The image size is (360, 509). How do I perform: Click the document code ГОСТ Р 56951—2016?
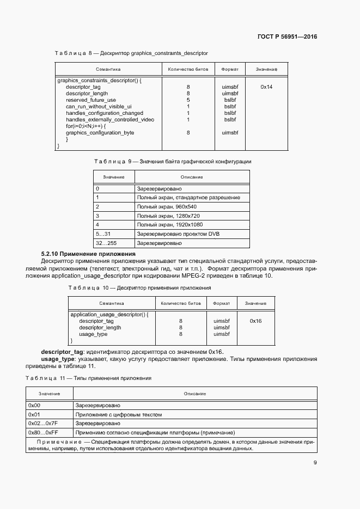point(287,37)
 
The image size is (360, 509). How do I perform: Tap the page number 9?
point(315,463)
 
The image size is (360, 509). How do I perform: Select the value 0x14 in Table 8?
point(266,87)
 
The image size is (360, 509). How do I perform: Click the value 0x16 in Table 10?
point(255,321)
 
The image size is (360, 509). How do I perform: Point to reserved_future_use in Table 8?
point(91,100)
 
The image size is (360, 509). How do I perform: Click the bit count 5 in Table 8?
point(188,100)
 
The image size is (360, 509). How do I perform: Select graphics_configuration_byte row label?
point(100,133)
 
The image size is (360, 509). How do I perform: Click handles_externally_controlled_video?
point(109,120)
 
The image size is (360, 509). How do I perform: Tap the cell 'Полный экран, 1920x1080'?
point(170,224)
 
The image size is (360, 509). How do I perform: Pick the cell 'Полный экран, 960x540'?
point(167,207)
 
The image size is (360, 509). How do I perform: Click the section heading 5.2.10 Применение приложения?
point(88,254)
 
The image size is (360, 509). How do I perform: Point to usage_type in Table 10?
point(93,334)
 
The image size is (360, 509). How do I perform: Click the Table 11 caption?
point(89,378)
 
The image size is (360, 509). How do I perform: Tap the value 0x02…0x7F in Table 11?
point(44,423)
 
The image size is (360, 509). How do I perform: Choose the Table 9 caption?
point(173,162)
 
